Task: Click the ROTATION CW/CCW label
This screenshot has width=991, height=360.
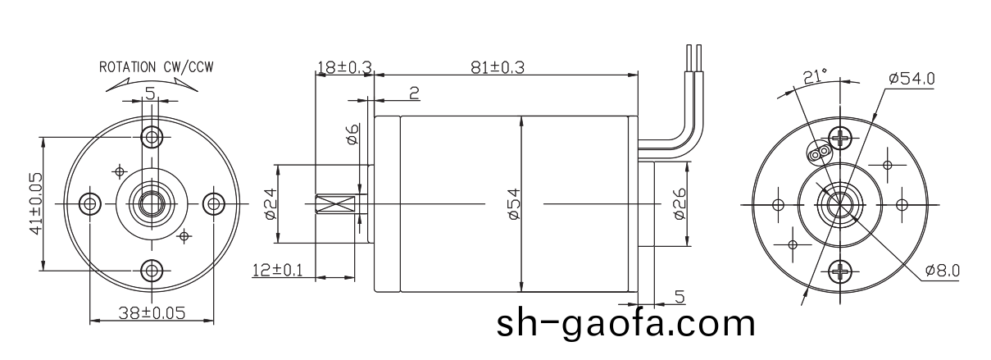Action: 156,66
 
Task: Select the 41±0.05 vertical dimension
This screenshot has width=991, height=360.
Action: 35,203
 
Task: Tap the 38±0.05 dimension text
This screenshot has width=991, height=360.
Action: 150,312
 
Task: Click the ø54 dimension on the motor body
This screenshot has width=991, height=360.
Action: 513,203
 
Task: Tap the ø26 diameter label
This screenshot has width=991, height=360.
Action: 679,203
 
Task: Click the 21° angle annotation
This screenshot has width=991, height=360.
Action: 813,76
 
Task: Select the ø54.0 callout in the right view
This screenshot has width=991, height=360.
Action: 911,79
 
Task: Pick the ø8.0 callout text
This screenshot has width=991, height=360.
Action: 942,270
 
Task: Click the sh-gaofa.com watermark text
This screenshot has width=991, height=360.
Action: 625,324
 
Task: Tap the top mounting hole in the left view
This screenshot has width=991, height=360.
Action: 151,135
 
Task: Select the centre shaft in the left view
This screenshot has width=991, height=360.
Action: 151,203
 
